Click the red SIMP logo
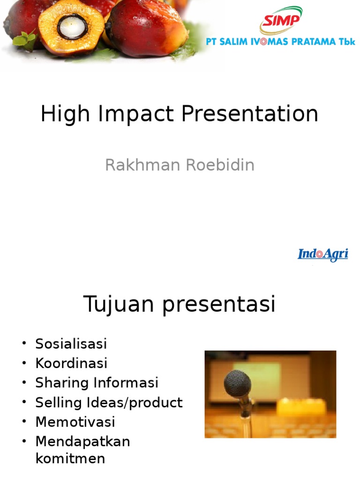pyautogui.click(x=281, y=21)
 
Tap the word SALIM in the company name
pyautogui.click(x=235, y=41)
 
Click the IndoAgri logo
pyautogui.click(x=323, y=255)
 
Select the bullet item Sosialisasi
pyautogui.click(x=71, y=344)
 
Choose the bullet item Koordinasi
pyautogui.click(x=71, y=363)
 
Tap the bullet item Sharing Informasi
pyautogui.click(x=97, y=382)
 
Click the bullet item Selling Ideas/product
pyautogui.click(x=109, y=402)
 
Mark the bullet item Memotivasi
pyautogui.click(x=75, y=422)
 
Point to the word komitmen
pyautogui.click(x=70, y=458)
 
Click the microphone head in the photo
pyautogui.click(x=237, y=384)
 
